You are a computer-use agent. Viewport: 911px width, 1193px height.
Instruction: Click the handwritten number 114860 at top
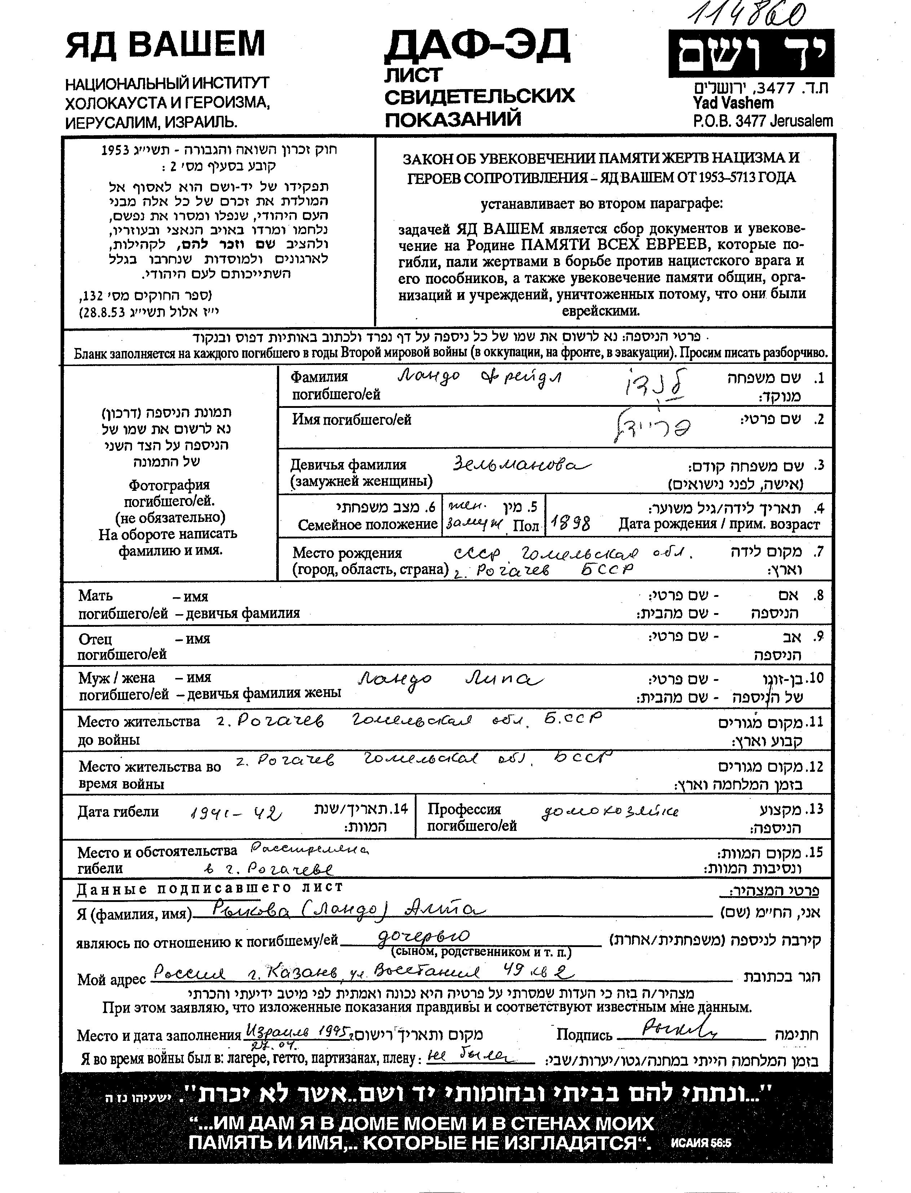[x=747, y=15]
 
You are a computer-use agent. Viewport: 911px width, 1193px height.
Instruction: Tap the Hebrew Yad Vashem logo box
[x=751, y=53]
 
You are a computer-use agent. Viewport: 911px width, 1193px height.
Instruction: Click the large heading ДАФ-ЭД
[x=477, y=46]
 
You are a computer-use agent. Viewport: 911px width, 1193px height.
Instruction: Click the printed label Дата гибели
[x=118, y=812]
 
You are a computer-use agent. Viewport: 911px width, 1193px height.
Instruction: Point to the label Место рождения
[x=347, y=553]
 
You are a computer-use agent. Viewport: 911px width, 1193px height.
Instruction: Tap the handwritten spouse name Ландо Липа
[x=450, y=679]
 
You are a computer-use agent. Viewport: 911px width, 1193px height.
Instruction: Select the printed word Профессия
[x=464, y=809]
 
